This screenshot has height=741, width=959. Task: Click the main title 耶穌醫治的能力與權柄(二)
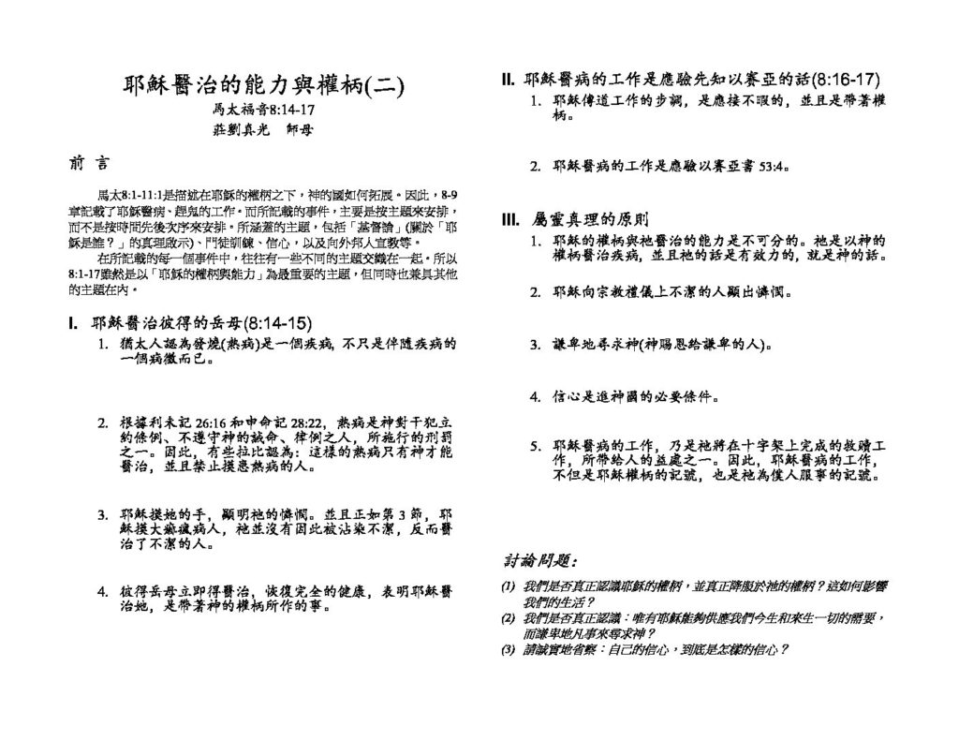click(263, 86)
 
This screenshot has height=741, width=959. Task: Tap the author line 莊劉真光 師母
click(263, 130)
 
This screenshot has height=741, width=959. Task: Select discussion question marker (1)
click(508, 586)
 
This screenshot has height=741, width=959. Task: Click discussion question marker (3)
click(508, 649)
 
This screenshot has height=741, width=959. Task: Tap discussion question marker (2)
click(508, 618)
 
